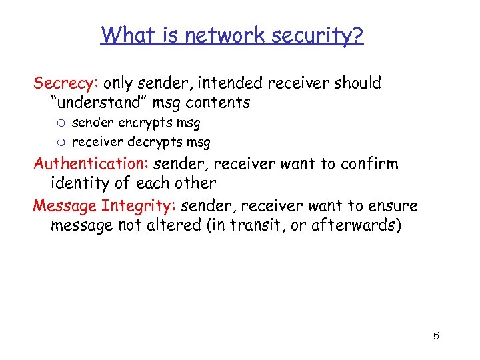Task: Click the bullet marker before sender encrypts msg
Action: (63, 123)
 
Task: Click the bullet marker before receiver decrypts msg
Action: (63, 143)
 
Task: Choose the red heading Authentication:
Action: (91, 163)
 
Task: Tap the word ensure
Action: (392, 205)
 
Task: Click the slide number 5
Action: (436, 336)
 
